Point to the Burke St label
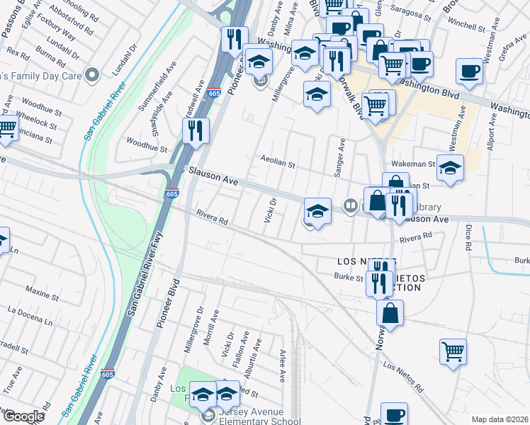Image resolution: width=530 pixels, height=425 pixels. click(x=349, y=278)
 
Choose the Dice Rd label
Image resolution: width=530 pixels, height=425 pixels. click(x=468, y=238)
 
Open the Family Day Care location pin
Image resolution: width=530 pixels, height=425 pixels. click(x=91, y=74)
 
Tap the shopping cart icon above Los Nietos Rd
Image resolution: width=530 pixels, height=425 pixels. click(x=452, y=351)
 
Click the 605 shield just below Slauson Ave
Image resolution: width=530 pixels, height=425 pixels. click(x=171, y=193)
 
